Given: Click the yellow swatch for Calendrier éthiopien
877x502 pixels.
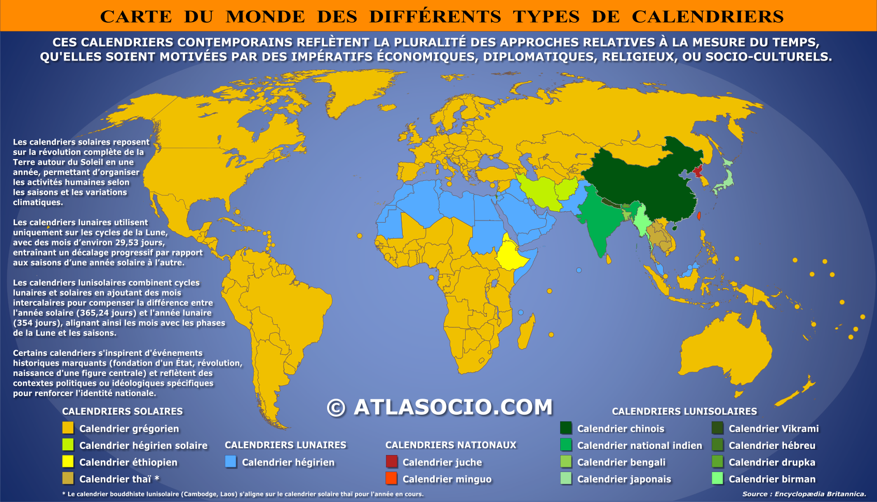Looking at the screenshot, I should click(x=68, y=462).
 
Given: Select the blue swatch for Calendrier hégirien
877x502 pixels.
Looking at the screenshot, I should click(x=231, y=462).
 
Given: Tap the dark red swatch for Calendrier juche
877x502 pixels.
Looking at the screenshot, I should click(x=392, y=462).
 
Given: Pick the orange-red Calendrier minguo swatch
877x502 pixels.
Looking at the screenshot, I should click(x=392, y=478).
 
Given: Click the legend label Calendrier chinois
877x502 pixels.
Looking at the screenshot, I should click(x=620, y=429).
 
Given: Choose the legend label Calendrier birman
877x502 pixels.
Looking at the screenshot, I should click(x=772, y=479).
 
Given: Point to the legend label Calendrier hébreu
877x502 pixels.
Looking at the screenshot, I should click(x=772, y=445).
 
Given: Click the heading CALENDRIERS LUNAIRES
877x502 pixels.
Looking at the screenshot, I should click(x=285, y=445).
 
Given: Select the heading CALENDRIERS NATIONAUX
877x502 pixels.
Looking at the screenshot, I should click(x=451, y=445).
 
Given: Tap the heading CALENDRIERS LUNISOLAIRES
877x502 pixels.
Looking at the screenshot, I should click(x=684, y=411).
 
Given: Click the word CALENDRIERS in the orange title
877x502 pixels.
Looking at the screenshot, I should click(x=707, y=17).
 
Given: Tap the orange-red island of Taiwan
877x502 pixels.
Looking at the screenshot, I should click(x=699, y=216).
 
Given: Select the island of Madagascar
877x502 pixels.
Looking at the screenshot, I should click(x=526, y=332).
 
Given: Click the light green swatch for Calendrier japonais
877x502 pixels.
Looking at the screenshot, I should click(x=566, y=479).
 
